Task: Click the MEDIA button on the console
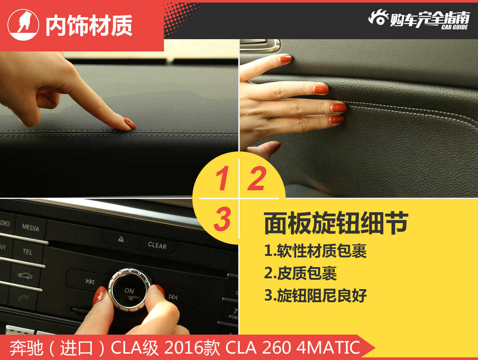[30, 227]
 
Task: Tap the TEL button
[28, 252]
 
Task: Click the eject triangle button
[121, 239]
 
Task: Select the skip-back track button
[90, 281]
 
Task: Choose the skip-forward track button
[173, 297]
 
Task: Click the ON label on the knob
[129, 291]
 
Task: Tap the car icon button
[25, 276]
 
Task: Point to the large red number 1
[223, 178]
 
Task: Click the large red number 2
[257, 178]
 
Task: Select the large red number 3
[223, 219]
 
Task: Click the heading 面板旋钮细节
[336, 223]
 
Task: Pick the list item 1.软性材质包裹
[315, 251]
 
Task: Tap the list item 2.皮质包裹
[300, 273]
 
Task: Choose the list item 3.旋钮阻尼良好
[315, 296]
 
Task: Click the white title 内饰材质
[89, 26]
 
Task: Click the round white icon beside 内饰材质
[23, 25]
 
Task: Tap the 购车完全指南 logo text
[429, 19]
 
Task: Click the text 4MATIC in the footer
[328, 348]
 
